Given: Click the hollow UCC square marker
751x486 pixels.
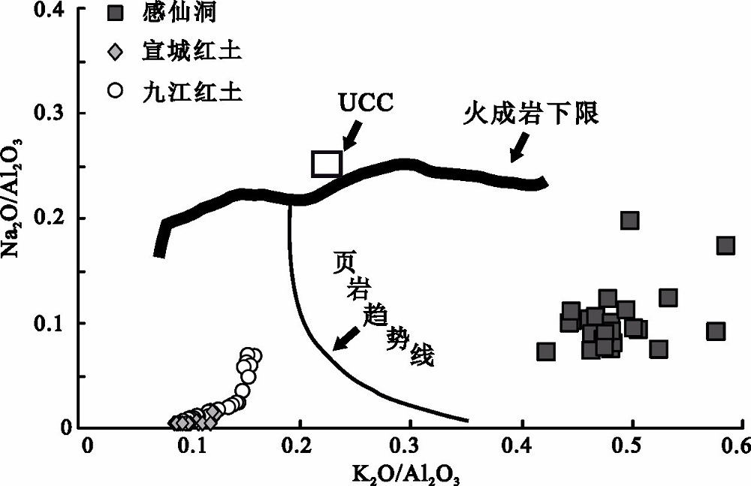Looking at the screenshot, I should point(327,163).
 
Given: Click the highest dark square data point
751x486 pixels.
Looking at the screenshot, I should point(629,220).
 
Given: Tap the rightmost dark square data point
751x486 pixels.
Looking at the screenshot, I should point(725,245).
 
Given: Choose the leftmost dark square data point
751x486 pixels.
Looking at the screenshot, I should point(546,351).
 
